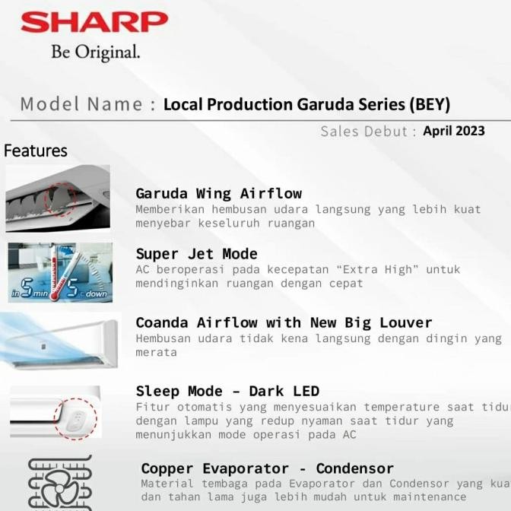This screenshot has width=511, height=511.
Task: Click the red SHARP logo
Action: click(94, 23)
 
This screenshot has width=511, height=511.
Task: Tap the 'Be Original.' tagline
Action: click(95, 52)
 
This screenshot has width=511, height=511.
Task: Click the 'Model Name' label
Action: click(81, 104)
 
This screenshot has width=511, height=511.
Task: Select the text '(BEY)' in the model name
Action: click(430, 104)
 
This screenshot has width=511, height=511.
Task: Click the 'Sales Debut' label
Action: click(363, 131)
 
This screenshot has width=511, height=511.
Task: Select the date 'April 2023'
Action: click(454, 131)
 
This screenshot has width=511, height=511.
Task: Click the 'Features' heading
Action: click(35, 151)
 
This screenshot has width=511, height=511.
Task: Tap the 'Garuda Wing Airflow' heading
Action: click(218, 193)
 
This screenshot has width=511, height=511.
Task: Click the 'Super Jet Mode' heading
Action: click(196, 254)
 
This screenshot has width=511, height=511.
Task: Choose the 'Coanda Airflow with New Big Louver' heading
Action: click(284, 322)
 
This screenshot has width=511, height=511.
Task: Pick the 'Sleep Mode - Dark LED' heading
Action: click(227, 391)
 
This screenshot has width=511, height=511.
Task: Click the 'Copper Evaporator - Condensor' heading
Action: click(267, 468)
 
